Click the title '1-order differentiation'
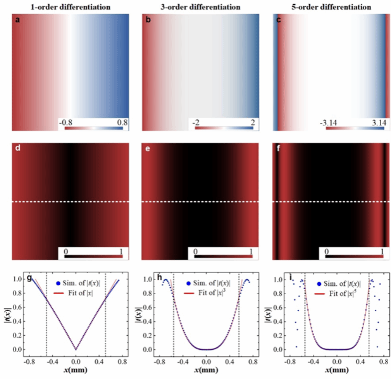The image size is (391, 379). (x=71, y=7)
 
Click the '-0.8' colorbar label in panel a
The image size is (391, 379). (x=65, y=122)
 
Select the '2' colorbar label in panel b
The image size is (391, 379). (x=253, y=122)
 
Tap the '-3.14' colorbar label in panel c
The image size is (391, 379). (x=329, y=122)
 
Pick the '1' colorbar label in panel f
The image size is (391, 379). (x=382, y=252)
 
